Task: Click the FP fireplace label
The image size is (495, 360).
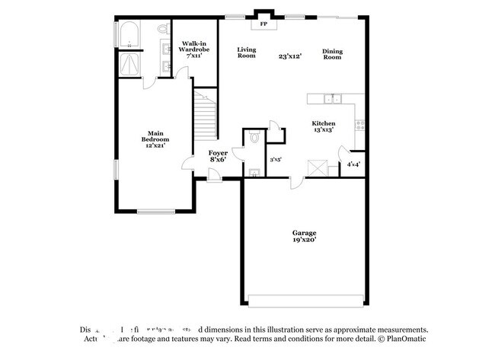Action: (x=264, y=24)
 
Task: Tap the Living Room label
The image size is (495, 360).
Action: (x=246, y=53)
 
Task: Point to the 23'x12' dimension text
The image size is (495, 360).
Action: (x=289, y=56)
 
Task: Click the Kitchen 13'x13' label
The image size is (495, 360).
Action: (x=323, y=126)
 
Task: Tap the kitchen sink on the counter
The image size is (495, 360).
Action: (x=331, y=98)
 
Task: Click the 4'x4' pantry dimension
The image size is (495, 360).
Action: (x=354, y=164)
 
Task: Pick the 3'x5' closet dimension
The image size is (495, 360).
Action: (x=276, y=160)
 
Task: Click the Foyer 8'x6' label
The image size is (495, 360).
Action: (x=219, y=156)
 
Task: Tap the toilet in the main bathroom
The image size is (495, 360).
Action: (x=162, y=29)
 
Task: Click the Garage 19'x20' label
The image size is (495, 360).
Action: (x=305, y=236)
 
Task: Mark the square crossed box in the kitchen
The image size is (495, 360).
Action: (x=315, y=168)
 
